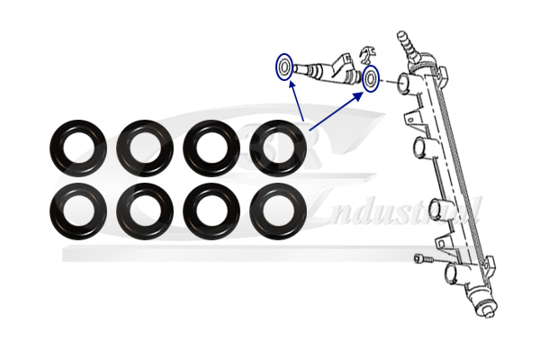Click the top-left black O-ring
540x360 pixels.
[x=78, y=146]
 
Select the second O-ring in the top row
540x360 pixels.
[x=145, y=146]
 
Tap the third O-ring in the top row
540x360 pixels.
[x=211, y=146]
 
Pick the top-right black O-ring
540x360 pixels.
[x=278, y=146]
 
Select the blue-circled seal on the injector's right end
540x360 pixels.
[x=371, y=79]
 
